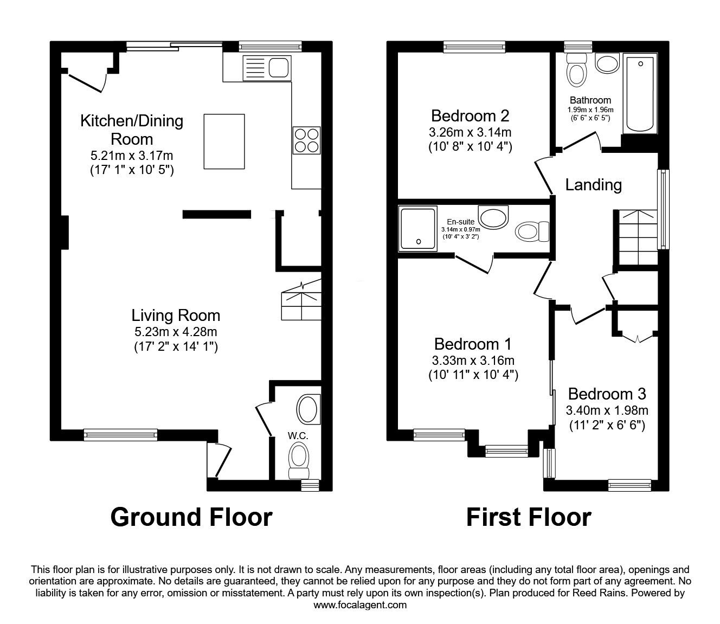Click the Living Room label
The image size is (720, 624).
pyautogui.click(x=176, y=316)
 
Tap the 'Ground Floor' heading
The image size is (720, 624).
pyautogui.click(x=191, y=517)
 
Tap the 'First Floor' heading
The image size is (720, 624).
pyautogui.click(x=529, y=517)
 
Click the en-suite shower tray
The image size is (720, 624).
pyautogui.click(x=417, y=229)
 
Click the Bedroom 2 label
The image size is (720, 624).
pyautogui.click(x=470, y=115)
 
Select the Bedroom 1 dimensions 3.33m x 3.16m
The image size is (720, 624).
pyautogui.click(x=473, y=361)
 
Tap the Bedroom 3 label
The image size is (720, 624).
pyautogui.click(x=607, y=394)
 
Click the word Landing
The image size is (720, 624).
pyautogui.click(x=593, y=185)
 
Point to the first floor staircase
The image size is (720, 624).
pyautogui.click(x=638, y=236)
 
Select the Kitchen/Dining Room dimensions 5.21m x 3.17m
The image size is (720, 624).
pyautogui.click(x=132, y=156)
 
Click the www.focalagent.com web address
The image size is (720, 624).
pyautogui.click(x=360, y=605)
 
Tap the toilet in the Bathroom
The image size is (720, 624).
pyautogui.click(x=576, y=72)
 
